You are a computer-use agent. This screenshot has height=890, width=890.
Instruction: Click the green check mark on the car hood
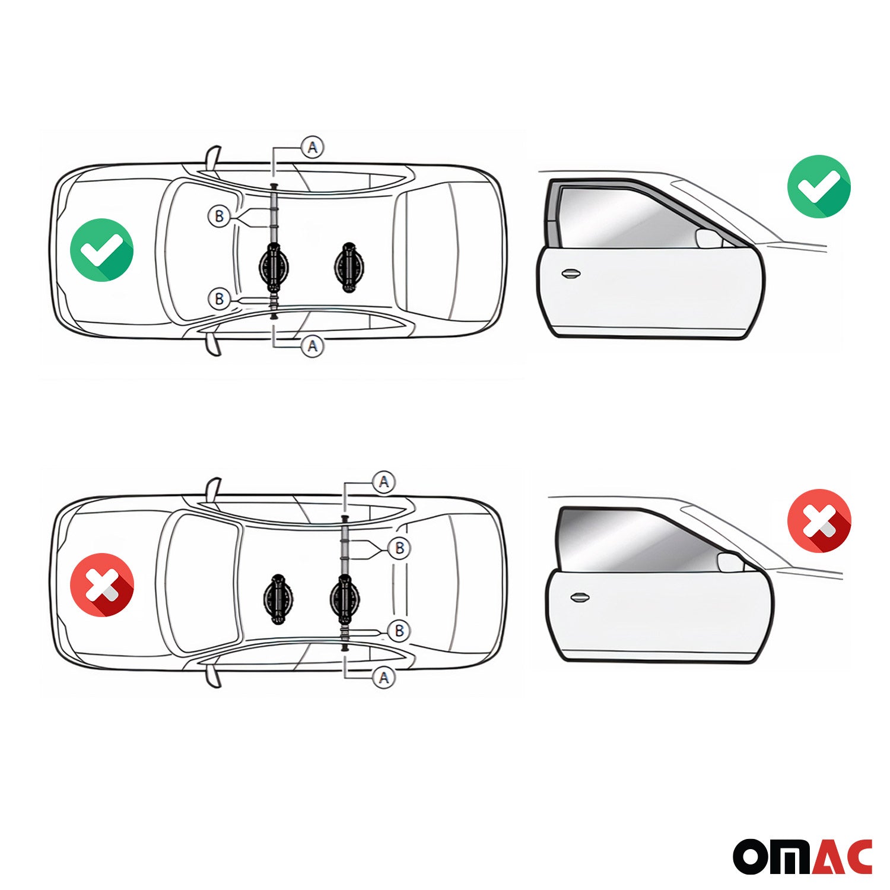tap(101, 250)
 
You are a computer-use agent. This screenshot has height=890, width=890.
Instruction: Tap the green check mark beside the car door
tap(818, 186)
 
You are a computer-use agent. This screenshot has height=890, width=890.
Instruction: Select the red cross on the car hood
tap(101, 584)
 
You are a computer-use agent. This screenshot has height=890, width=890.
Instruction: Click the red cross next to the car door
tap(819, 521)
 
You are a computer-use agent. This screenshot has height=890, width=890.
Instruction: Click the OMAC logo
tap(802, 856)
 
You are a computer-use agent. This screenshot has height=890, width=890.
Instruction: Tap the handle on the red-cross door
tap(580, 597)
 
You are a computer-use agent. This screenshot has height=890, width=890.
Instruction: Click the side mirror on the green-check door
tap(708, 238)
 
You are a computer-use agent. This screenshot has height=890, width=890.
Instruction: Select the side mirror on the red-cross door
tap(730, 562)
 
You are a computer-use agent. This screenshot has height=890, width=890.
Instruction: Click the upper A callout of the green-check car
tap(313, 147)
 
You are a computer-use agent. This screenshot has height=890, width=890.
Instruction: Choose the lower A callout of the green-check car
tap(313, 346)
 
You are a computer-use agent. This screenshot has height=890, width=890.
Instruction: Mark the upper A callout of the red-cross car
tap(384, 482)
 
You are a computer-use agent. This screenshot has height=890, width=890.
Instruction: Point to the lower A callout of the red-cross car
tap(384, 677)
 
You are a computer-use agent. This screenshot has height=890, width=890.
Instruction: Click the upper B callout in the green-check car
tap(219, 217)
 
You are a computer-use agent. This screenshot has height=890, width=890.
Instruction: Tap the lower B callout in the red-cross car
tap(399, 631)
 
